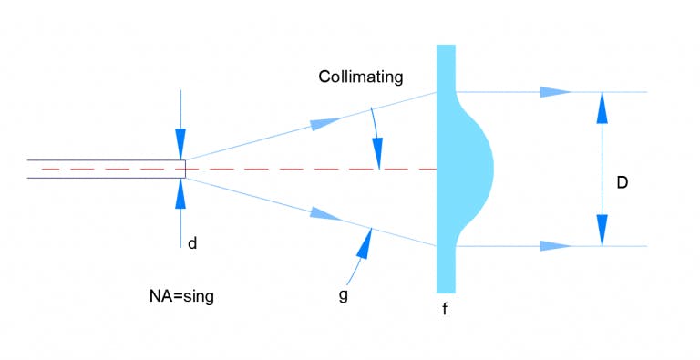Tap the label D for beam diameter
coord(622,182)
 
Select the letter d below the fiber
coord(191,243)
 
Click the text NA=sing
coord(181,296)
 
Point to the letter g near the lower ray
coord(342,296)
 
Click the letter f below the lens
coord(445,309)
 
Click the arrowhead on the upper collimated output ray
coord(555,92)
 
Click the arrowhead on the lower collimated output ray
coord(555,246)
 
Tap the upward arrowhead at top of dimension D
coord(602,107)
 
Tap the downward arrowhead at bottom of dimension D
coord(602,231)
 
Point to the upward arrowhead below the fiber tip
coord(180,192)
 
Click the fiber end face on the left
coord(185,169)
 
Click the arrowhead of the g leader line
coord(365,240)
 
